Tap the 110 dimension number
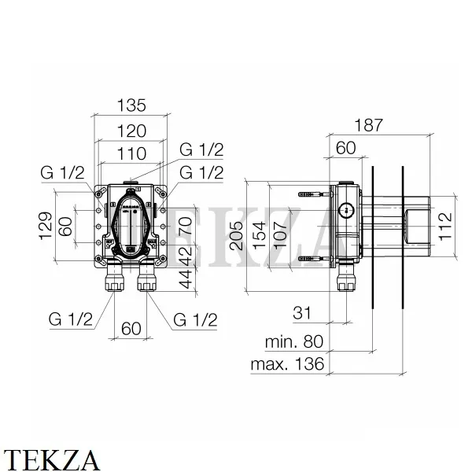point(130,155)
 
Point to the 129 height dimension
point(45,226)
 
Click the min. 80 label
point(293,342)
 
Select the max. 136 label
point(288,365)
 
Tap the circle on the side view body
point(344,210)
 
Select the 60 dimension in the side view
point(346,148)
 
